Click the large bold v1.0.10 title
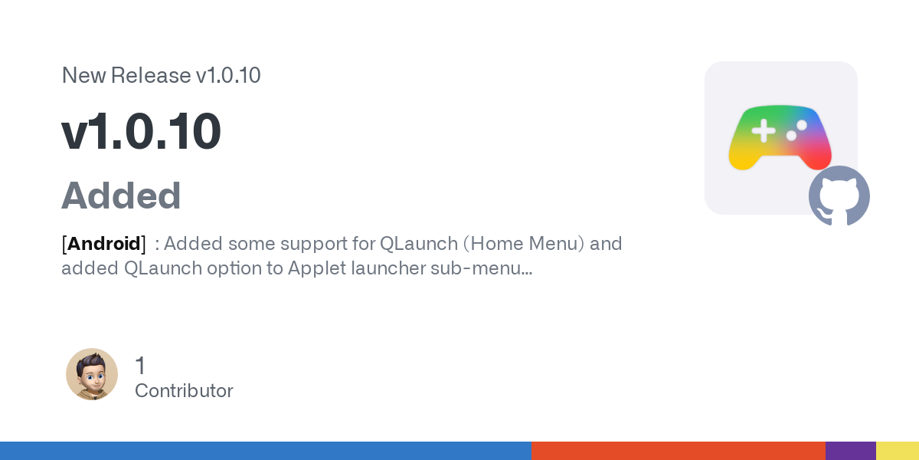tap(141, 131)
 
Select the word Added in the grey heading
tap(121, 195)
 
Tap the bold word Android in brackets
tap(104, 244)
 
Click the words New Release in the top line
tap(126, 75)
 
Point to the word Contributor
tap(184, 390)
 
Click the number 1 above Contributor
tap(140, 366)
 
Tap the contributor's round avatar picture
tap(92, 374)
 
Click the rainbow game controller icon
tap(780, 137)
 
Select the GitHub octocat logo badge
tap(839, 196)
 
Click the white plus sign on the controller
tap(763, 130)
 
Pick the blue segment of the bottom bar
tap(266, 451)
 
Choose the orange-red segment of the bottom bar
tap(679, 451)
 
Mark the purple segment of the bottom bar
tap(851, 451)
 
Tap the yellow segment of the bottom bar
tap(898, 451)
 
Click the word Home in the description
tap(495, 244)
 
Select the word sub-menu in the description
tap(481, 268)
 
